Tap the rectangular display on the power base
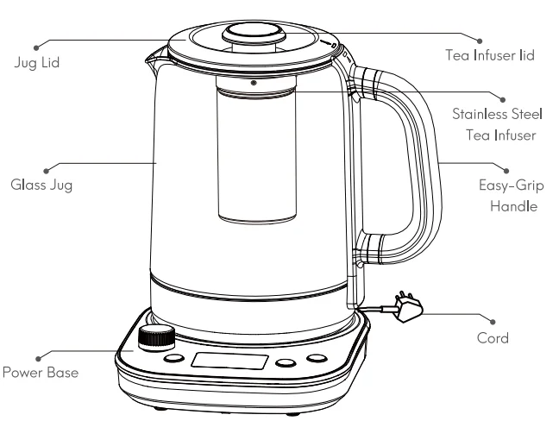tap(223, 361)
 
